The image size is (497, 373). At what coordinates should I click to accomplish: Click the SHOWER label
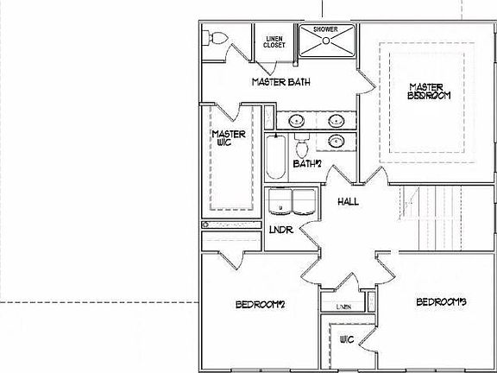point(325,29)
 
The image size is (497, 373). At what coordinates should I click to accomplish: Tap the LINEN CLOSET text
point(274,41)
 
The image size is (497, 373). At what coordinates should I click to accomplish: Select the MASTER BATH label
point(281,83)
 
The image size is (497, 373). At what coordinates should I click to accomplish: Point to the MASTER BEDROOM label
point(429,91)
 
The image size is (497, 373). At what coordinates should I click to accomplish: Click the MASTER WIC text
point(229,139)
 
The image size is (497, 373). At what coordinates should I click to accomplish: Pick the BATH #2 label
point(307,163)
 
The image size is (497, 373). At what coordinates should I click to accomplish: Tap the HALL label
point(349,202)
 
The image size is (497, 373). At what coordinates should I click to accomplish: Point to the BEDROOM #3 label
point(441,302)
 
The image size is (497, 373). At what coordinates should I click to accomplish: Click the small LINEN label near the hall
point(343,307)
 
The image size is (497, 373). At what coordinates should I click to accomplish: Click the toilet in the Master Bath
point(217,38)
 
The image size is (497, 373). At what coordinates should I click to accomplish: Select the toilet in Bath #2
point(302,142)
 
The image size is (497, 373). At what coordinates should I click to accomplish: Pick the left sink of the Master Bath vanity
point(296,120)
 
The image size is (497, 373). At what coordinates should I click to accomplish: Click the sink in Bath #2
point(337,139)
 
